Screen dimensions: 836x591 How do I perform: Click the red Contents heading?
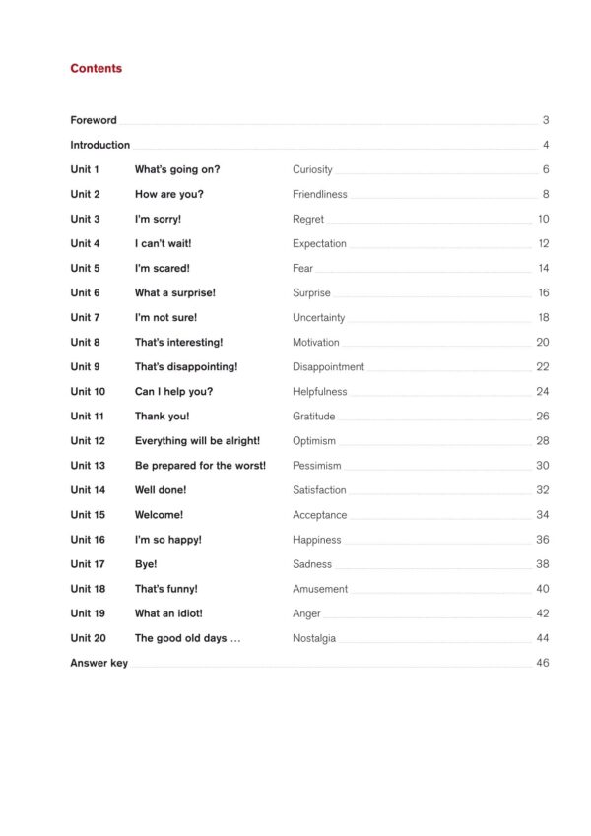(x=96, y=69)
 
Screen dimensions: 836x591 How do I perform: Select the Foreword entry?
(x=94, y=120)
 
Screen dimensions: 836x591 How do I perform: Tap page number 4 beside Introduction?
(x=545, y=145)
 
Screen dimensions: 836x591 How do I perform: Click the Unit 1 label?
(x=85, y=169)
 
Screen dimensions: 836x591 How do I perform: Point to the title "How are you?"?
(x=169, y=194)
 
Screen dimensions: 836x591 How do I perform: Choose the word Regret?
(x=309, y=219)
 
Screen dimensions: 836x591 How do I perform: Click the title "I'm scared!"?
(x=163, y=268)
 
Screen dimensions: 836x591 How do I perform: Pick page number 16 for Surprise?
(x=543, y=292)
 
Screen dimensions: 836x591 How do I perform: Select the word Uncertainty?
(x=319, y=317)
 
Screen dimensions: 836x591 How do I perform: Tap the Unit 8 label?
(x=85, y=342)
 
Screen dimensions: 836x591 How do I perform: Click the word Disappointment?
(x=328, y=366)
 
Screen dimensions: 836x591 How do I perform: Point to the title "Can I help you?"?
(x=173, y=391)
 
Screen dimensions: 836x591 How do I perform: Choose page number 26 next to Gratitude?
(x=543, y=416)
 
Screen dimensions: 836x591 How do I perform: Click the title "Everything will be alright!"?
(x=197, y=440)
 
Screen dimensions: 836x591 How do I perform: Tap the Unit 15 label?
(x=88, y=514)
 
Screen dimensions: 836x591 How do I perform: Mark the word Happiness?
(x=317, y=540)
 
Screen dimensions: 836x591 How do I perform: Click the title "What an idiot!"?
(x=168, y=613)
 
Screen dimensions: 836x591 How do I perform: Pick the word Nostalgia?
(x=314, y=638)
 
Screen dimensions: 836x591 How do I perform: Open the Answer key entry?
(x=98, y=663)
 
